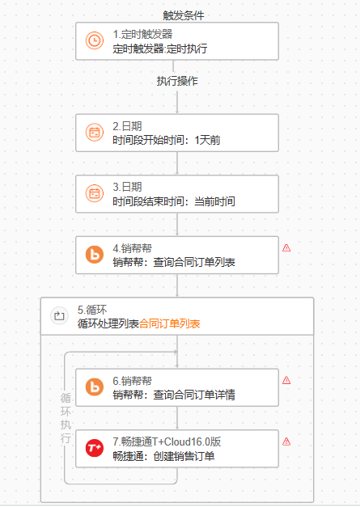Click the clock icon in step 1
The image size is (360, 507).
click(x=95, y=40)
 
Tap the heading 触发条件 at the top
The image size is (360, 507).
click(x=184, y=15)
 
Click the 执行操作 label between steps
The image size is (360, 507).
click(x=177, y=81)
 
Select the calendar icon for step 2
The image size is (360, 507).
click(x=95, y=133)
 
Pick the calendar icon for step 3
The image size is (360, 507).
click(x=95, y=193)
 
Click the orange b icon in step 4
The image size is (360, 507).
click(x=95, y=255)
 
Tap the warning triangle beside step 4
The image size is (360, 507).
click(x=286, y=248)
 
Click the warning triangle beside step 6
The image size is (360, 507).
click(x=286, y=380)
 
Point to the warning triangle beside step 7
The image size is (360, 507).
click(x=286, y=442)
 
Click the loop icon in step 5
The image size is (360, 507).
click(x=59, y=315)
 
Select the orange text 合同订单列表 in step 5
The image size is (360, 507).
click(x=170, y=323)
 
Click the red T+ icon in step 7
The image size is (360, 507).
click(x=95, y=448)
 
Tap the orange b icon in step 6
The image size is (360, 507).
click(x=95, y=387)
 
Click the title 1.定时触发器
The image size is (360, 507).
click(x=142, y=34)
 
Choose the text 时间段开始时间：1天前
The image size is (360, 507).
click(x=167, y=141)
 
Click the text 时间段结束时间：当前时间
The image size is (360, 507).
click(x=174, y=201)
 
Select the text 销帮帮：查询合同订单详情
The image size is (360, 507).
click(x=174, y=395)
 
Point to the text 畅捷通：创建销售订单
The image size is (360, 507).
click(x=163, y=456)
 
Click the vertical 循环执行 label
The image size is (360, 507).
click(x=66, y=418)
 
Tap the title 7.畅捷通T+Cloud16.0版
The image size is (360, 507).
click(x=167, y=442)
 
